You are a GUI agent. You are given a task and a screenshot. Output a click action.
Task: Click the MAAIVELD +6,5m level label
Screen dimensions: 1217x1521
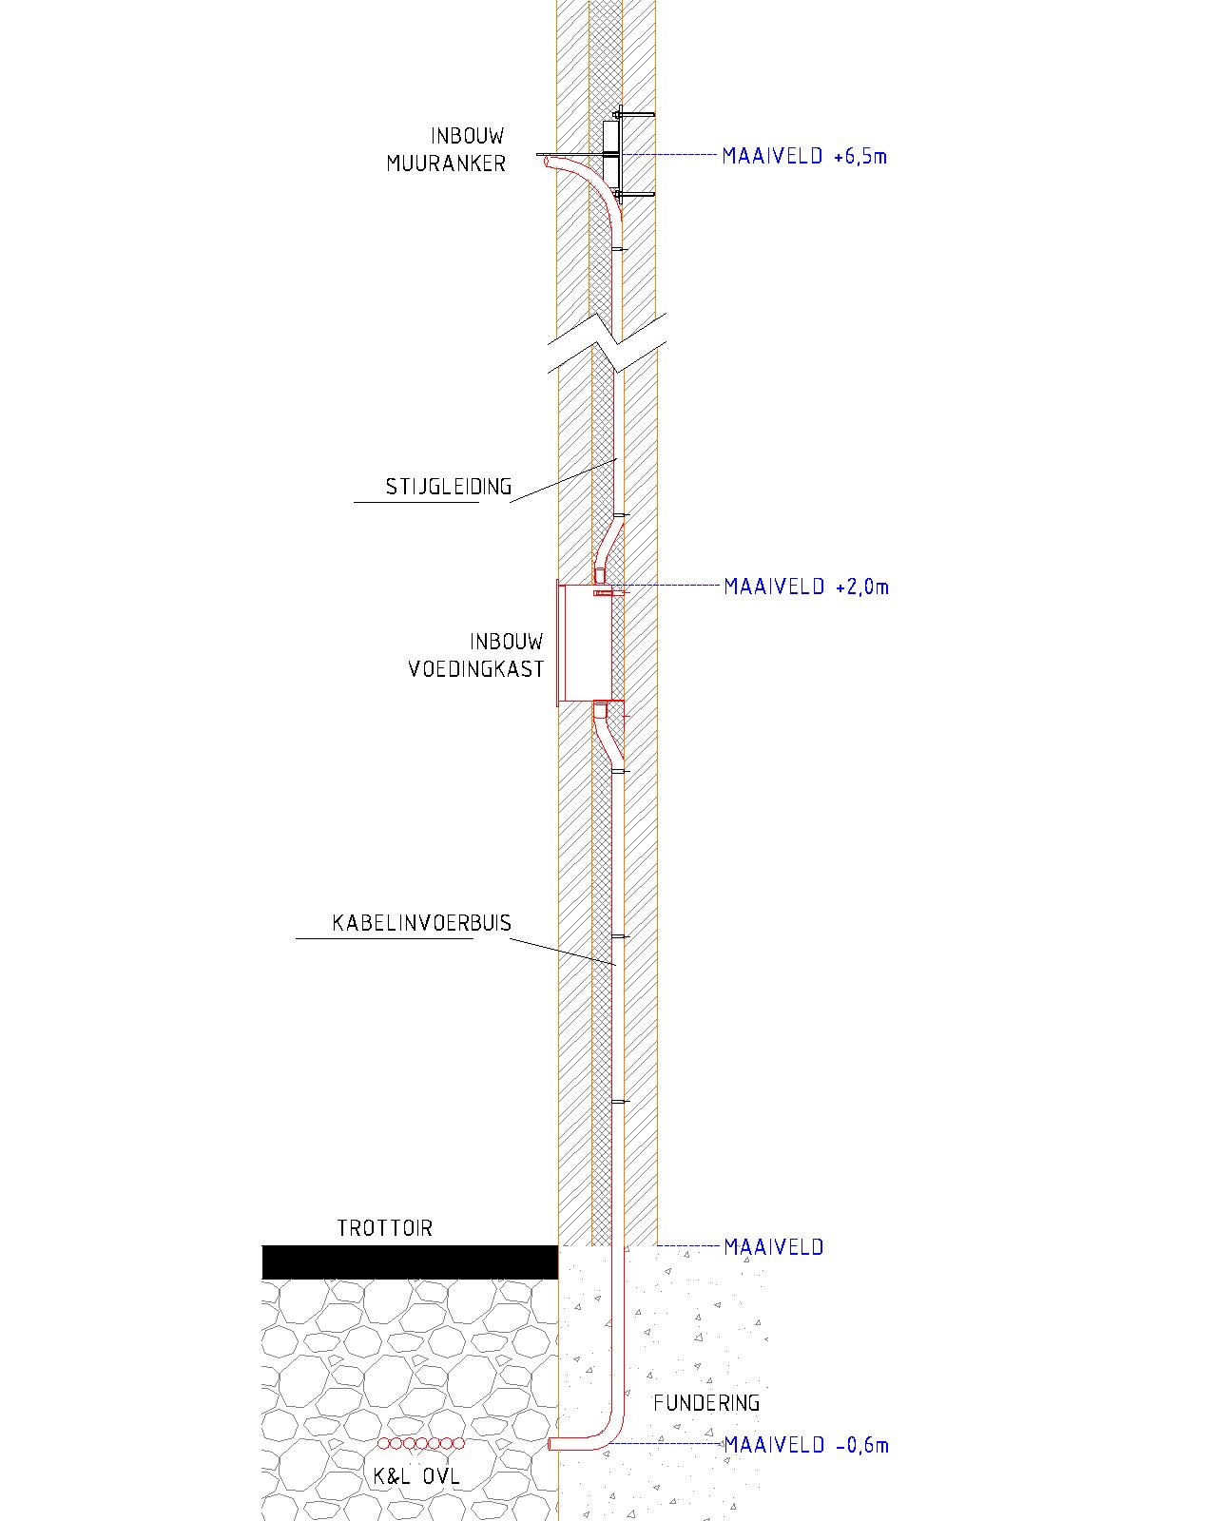[x=804, y=156]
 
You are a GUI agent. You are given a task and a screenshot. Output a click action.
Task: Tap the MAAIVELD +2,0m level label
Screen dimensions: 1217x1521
[x=805, y=587]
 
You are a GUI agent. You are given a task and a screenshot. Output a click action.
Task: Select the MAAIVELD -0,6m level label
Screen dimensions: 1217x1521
[x=805, y=1445]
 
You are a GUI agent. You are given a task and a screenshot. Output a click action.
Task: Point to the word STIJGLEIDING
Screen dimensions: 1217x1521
[x=449, y=487]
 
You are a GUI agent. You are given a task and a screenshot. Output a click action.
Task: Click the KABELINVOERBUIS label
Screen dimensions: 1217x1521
[x=421, y=923]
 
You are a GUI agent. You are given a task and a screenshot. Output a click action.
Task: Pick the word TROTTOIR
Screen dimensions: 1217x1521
[x=384, y=1228]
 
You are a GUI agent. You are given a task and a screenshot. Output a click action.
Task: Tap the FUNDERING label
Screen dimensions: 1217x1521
[x=705, y=1403]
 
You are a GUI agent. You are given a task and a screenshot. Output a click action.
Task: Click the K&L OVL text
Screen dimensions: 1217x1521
[x=415, y=1475]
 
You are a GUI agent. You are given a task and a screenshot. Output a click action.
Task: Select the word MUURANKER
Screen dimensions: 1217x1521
[x=446, y=164]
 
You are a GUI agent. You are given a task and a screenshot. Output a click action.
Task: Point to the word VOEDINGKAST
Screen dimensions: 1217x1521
[x=475, y=669]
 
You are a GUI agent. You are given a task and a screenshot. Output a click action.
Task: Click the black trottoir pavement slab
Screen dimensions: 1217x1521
[x=410, y=1262]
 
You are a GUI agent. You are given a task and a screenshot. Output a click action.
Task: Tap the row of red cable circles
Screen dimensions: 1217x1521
[x=421, y=1443]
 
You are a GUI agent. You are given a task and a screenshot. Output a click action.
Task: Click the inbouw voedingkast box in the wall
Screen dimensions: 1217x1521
[x=584, y=643]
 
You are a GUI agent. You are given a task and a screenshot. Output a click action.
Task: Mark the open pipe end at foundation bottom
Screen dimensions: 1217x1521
[x=551, y=1444]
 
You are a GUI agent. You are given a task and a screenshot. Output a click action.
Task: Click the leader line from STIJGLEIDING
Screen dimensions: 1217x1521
[x=563, y=481]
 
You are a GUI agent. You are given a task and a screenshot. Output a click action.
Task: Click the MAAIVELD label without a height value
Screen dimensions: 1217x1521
[x=774, y=1247]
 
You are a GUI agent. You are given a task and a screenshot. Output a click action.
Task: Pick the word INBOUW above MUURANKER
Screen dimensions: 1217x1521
[x=467, y=136]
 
